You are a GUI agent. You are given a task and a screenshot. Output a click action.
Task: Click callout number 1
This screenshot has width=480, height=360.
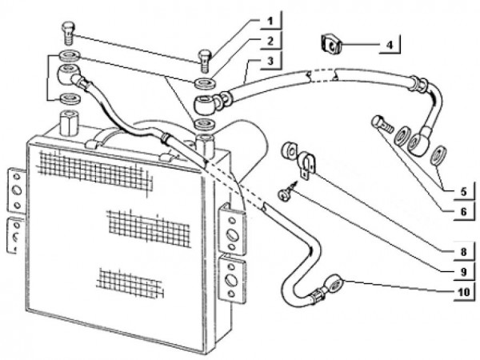[271, 18]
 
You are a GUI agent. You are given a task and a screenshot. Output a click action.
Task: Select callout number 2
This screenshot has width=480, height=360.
[271, 39]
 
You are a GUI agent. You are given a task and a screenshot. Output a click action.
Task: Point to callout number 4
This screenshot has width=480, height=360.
[389, 44]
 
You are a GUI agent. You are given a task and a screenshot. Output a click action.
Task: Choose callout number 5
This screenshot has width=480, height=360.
[462, 191]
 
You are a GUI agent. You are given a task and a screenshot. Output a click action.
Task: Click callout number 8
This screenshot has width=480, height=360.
[462, 251]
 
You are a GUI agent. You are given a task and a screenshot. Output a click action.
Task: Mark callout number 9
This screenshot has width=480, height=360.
[462, 271]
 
